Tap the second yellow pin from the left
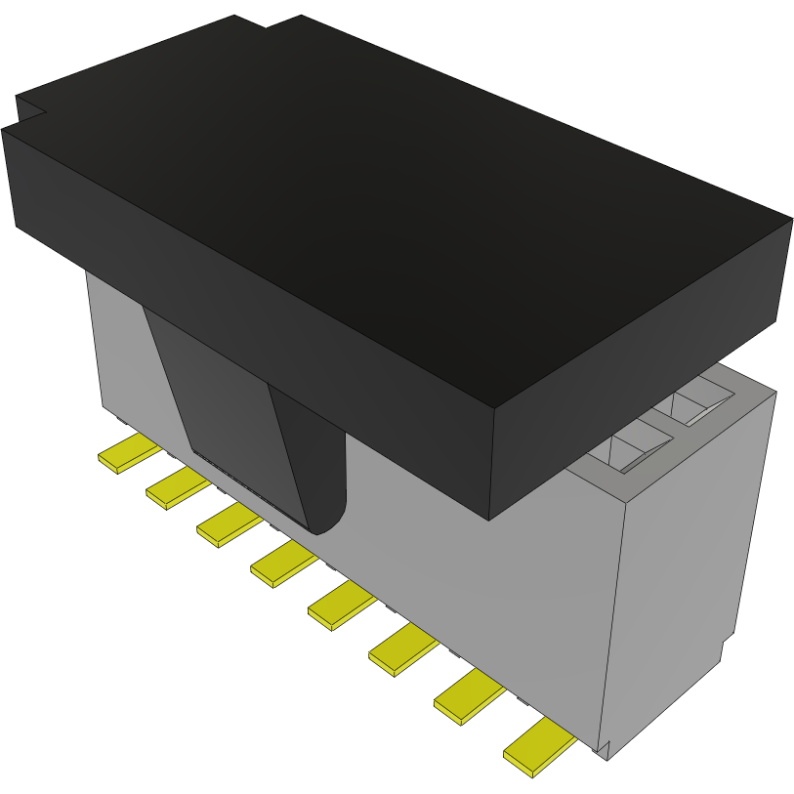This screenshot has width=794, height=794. [x=177, y=487]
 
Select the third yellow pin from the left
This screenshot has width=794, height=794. [x=229, y=524]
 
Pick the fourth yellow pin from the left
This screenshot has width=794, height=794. [x=282, y=564]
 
